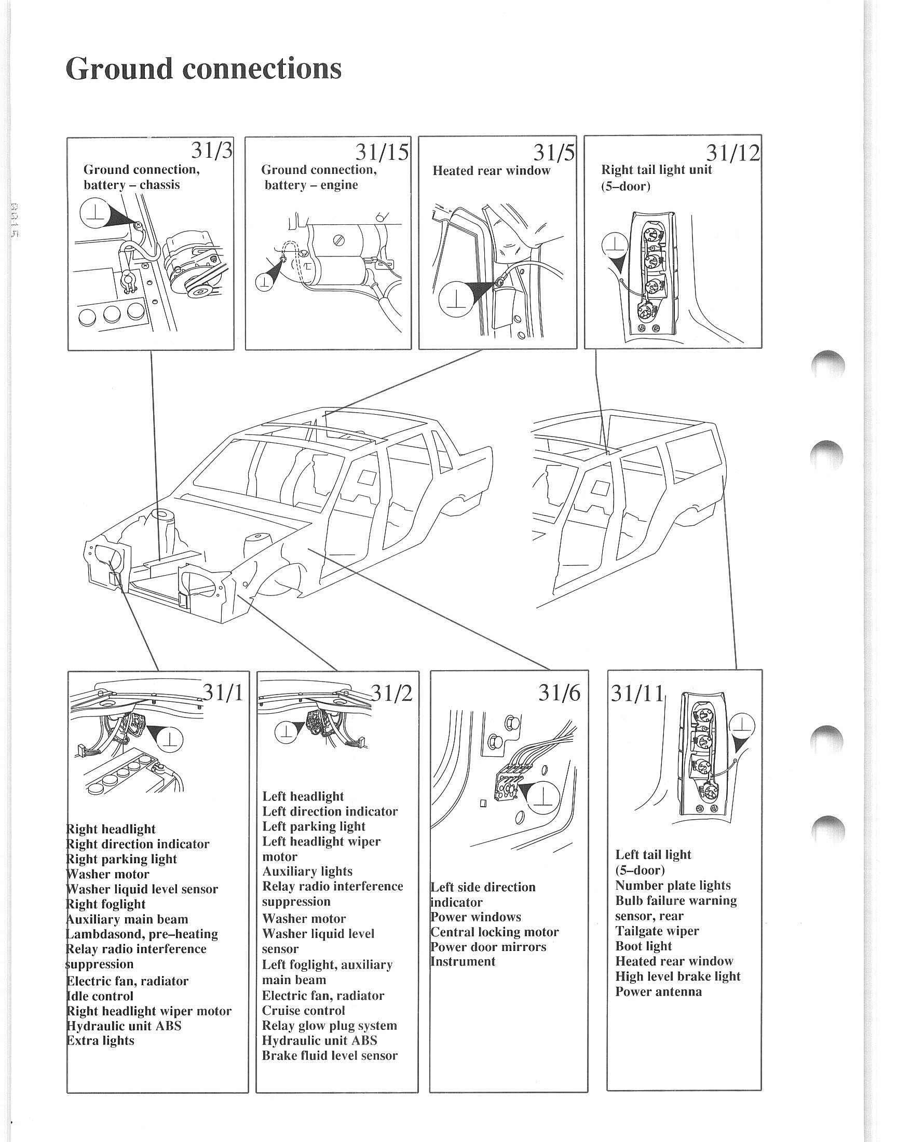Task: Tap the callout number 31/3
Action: [x=211, y=151]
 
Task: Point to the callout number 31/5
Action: [x=553, y=152]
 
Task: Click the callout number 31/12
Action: [x=732, y=152]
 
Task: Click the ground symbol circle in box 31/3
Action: [x=95, y=215]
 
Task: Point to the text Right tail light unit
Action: [x=656, y=170]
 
